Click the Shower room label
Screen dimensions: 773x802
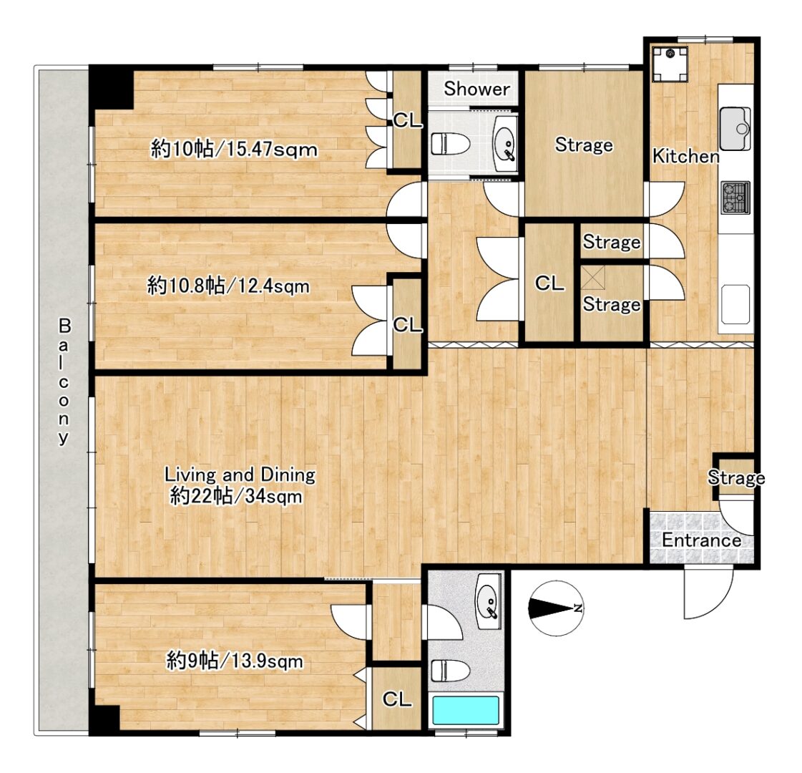click(x=476, y=89)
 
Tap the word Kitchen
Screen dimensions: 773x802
click(x=685, y=156)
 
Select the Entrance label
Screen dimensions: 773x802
click(x=701, y=540)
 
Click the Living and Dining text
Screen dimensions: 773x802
click(x=240, y=475)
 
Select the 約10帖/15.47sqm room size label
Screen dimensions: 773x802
click(x=234, y=150)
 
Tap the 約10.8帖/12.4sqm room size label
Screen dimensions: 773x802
click(x=228, y=286)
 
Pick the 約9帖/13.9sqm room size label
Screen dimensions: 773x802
click(x=235, y=661)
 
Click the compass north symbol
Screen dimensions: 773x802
click(x=556, y=608)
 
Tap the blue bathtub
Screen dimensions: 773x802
click(x=466, y=711)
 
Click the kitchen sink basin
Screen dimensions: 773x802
click(x=735, y=126)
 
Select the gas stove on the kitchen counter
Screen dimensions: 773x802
click(x=735, y=197)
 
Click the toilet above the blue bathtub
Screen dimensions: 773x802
click(x=450, y=671)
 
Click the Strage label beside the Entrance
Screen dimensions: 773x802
click(x=736, y=477)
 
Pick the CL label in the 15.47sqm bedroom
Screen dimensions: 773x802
click(x=408, y=121)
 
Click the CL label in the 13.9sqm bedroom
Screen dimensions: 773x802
click(x=396, y=699)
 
